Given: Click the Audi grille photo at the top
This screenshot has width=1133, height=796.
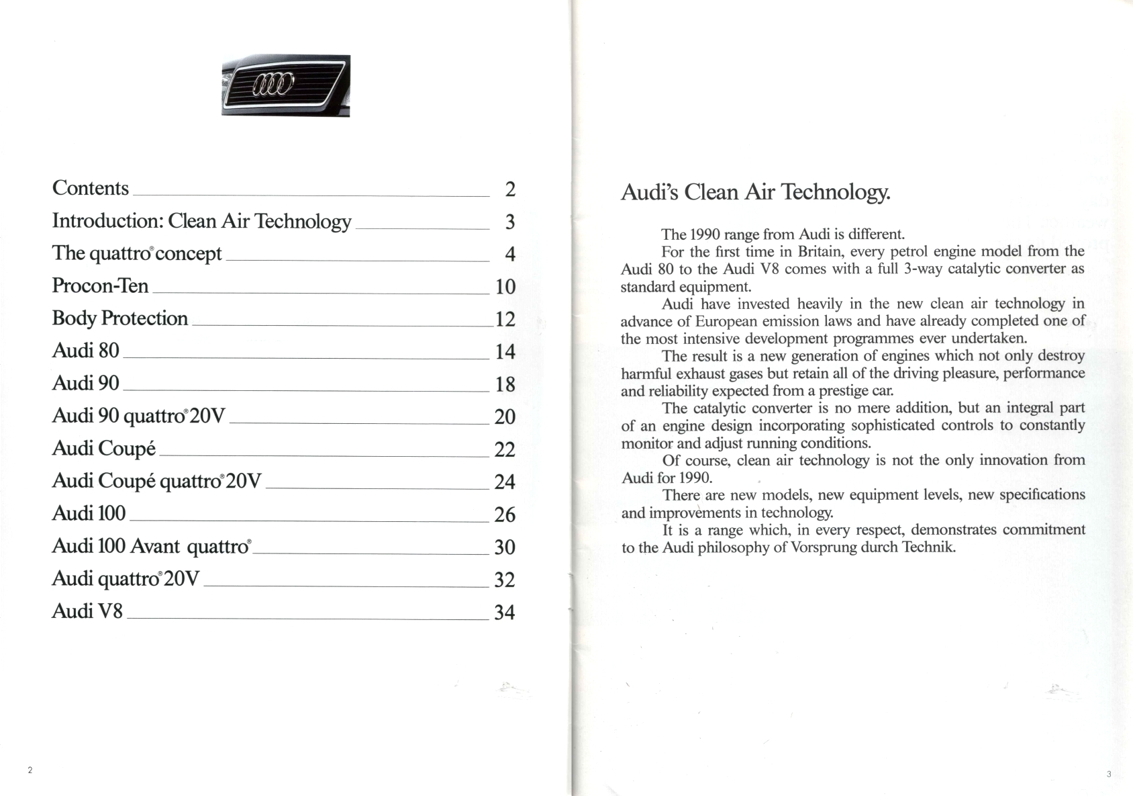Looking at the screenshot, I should click(285, 85).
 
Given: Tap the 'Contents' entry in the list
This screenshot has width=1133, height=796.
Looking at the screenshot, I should click(91, 188).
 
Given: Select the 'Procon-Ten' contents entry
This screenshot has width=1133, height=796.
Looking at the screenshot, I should click(100, 286).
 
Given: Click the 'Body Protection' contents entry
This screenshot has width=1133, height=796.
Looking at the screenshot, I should click(120, 318).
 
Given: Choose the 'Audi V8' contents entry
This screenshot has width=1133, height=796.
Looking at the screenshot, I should click(87, 611).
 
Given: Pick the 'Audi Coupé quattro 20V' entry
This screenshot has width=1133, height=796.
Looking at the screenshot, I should click(156, 481).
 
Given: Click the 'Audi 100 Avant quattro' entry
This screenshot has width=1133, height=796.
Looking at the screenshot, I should click(151, 546).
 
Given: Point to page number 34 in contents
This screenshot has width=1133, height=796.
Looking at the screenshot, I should click(505, 613).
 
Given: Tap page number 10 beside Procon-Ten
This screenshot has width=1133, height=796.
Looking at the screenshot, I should click(505, 288).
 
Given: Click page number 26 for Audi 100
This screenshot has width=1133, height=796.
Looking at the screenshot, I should click(505, 515).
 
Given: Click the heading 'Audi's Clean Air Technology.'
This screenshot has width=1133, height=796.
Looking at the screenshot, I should click(755, 193).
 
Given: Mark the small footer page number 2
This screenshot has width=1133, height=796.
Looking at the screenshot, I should click(30, 770).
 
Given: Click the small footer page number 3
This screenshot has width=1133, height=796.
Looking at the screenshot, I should click(1109, 774).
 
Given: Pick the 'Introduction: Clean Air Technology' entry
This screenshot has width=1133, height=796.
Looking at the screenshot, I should click(201, 221).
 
